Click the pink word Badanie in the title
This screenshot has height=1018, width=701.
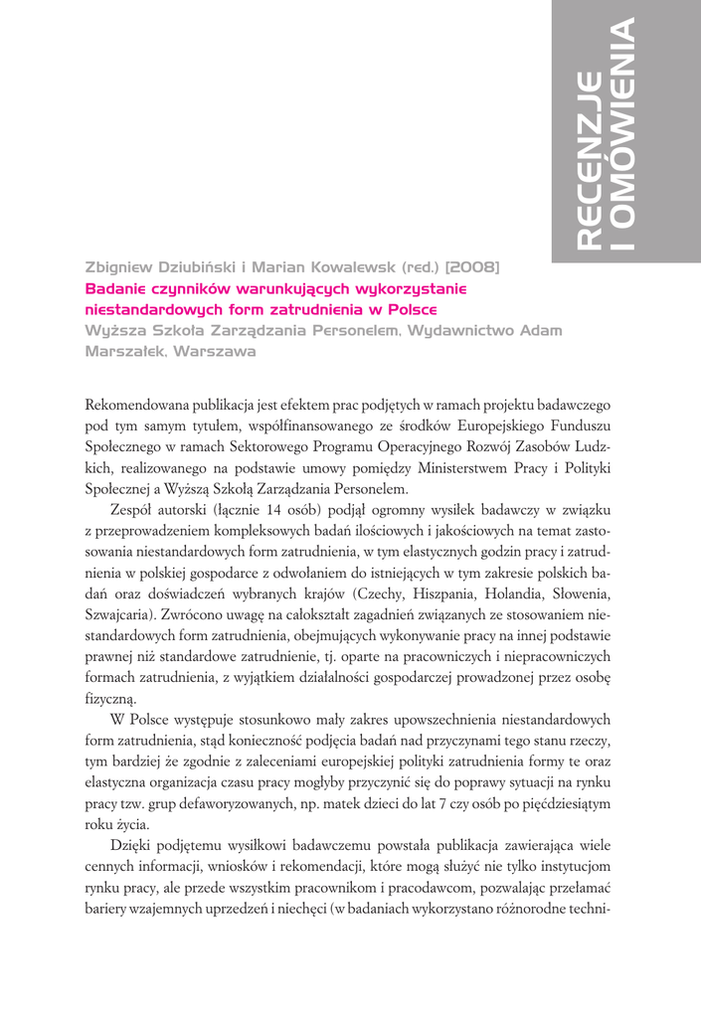[x=118, y=288]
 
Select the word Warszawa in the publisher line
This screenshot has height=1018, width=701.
[x=215, y=351]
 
